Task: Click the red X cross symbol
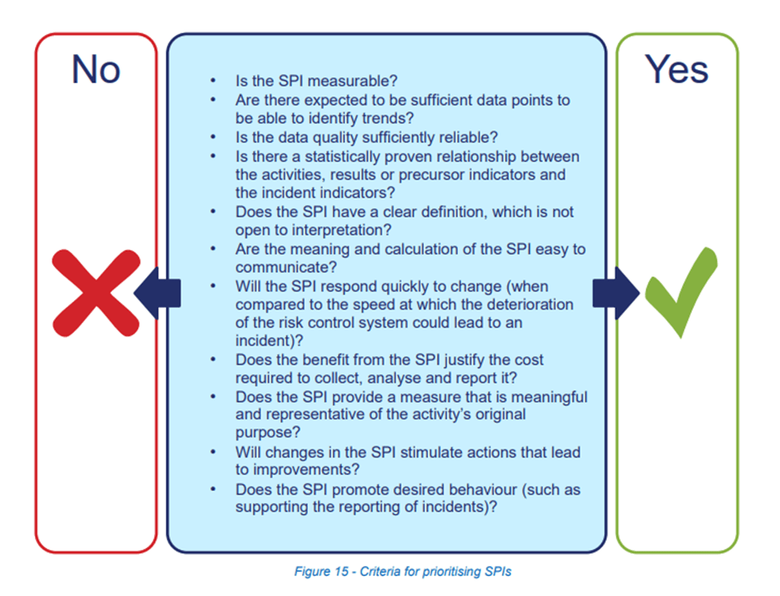tap(96, 293)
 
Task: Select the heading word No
tap(96, 69)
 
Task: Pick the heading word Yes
tap(676, 69)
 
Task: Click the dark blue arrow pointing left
tap(157, 293)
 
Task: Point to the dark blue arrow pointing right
tap(617, 293)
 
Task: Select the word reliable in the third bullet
tap(466, 137)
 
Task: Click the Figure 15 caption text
tap(403, 572)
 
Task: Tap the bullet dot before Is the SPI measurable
tap(213, 80)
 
